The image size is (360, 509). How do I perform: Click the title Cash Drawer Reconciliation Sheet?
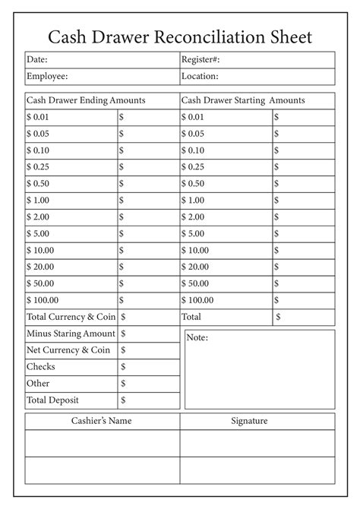tap(180, 37)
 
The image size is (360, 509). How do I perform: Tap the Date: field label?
tap(38, 59)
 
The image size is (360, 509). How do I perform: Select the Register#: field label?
tap(201, 59)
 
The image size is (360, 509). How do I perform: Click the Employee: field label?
tap(47, 76)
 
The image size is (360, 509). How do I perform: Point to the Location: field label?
tap(200, 76)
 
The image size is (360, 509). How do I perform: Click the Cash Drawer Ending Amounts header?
tap(86, 100)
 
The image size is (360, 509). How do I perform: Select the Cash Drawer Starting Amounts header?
tap(243, 100)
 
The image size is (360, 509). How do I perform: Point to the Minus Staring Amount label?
tap(71, 334)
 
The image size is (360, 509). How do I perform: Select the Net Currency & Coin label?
tap(68, 350)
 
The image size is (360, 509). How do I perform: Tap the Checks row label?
tap(41, 367)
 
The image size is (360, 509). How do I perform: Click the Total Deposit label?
tap(52, 400)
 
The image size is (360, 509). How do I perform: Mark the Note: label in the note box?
tap(197, 337)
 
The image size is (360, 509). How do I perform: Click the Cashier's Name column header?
tap(103, 421)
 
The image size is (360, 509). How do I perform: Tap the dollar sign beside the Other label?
tap(123, 384)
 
